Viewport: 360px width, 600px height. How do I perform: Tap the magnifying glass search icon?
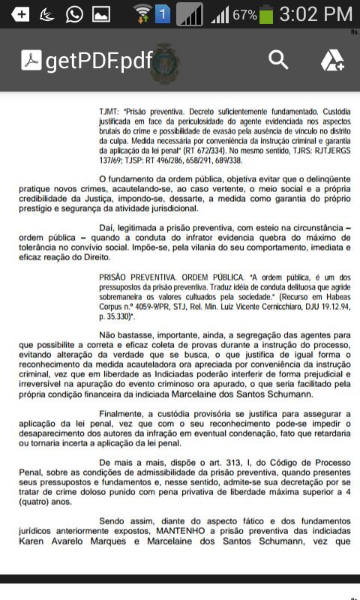click(x=278, y=60)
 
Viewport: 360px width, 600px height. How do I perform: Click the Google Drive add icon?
click(x=331, y=61)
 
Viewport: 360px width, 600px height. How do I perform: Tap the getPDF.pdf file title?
click(x=98, y=61)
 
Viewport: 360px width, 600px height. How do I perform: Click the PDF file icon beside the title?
click(x=31, y=61)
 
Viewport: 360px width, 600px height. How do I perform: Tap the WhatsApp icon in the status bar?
click(x=74, y=14)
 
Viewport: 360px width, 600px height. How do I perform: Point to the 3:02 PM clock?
click(x=315, y=14)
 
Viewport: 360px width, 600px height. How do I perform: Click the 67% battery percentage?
click(x=244, y=15)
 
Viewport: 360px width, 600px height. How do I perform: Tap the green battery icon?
click(x=265, y=14)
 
